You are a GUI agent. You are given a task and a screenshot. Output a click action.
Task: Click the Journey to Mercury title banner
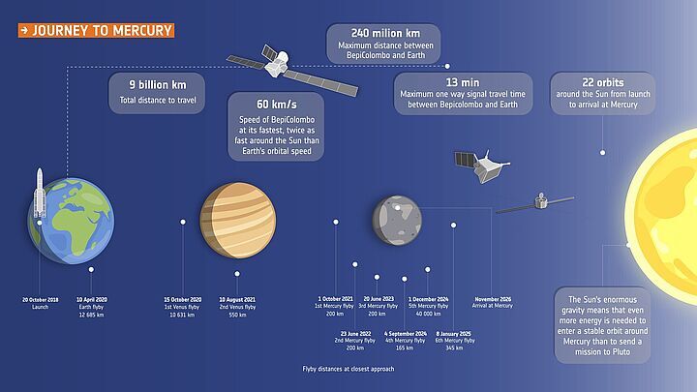(x=96, y=30)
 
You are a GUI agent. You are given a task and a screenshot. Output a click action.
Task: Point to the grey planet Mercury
(x=397, y=217)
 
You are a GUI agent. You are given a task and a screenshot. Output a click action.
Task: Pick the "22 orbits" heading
(x=602, y=82)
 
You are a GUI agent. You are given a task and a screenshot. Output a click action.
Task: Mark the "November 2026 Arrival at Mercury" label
(x=493, y=303)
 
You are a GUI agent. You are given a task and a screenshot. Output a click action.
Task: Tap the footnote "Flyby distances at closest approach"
(x=348, y=369)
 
